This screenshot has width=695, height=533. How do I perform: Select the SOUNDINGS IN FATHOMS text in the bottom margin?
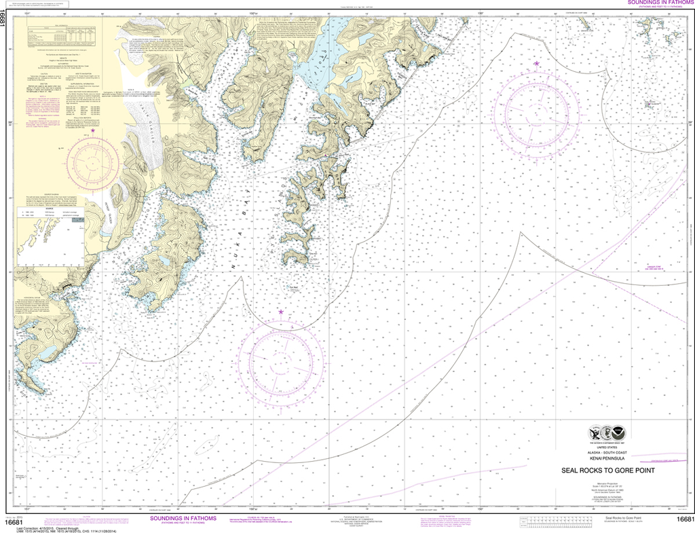178,518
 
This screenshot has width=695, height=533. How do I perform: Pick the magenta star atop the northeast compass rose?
537,64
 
